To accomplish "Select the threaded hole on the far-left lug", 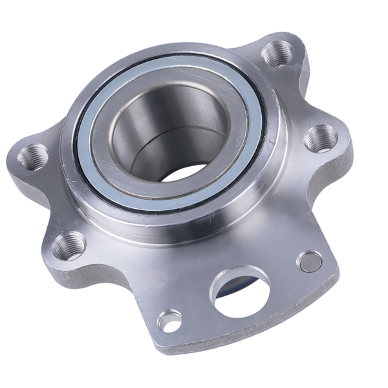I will pyautogui.click(x=33, y=156).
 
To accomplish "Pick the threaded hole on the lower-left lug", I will pyautogui.click(x=69, y=245).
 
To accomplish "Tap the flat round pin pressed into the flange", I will pyautogui.click(x=310, y=261).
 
